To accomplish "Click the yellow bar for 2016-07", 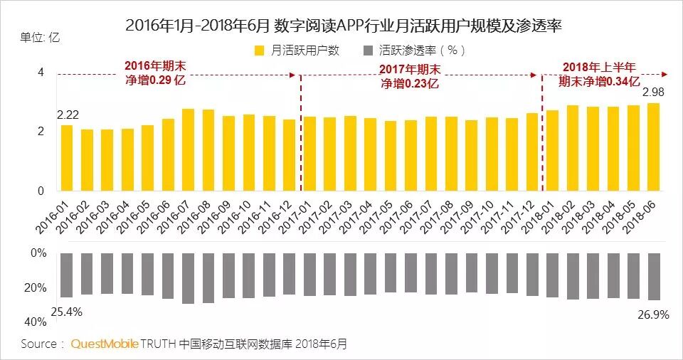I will [x=189, y=150].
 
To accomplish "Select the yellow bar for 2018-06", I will [x=653, y=147].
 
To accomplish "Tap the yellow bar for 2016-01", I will [x=67, y=158].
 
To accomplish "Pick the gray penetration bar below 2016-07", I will [x=189, y=278].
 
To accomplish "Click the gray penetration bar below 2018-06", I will [x=653, y=276].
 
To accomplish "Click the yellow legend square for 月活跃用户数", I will [x=259, y=51].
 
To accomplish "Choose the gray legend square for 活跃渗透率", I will [x=367, y=51].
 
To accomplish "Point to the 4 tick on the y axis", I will [x=41, y=73].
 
